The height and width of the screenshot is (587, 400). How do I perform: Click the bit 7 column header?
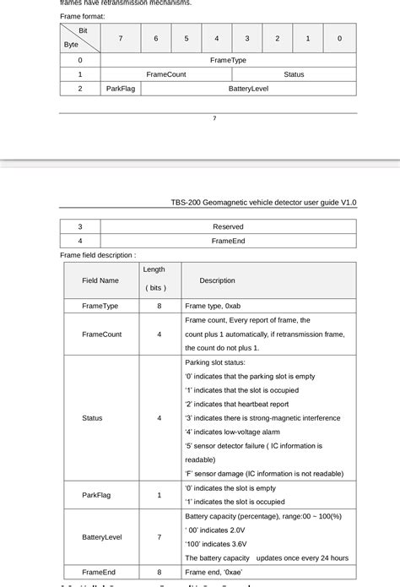point(120,39)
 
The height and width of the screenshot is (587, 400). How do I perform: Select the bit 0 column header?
point(339,39)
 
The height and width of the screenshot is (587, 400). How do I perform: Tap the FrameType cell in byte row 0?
point(228,61)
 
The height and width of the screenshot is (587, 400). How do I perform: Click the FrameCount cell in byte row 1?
point(166,74)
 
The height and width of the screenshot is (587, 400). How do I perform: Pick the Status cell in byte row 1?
point(294,74)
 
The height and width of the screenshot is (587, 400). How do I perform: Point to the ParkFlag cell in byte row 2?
point(120,88)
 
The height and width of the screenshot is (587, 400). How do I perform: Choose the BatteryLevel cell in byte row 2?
point(248,88)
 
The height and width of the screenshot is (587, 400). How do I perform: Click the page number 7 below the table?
point(214,118)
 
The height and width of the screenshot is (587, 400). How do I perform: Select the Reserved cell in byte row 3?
point(228,226)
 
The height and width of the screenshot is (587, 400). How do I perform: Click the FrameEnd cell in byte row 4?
point(228,241)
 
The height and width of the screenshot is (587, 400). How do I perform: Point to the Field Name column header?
point(100,280)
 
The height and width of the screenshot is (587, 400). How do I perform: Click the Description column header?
point(217,280)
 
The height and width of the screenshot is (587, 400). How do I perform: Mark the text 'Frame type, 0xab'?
point(213,306)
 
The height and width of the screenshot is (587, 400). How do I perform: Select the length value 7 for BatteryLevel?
point(159,536)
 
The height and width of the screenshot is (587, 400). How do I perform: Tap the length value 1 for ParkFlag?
point(159,495)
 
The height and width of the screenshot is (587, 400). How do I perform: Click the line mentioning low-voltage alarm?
point(232,432)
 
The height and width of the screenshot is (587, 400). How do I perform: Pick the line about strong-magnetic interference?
point(262,418)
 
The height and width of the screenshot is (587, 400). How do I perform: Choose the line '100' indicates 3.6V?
point(215,544)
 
